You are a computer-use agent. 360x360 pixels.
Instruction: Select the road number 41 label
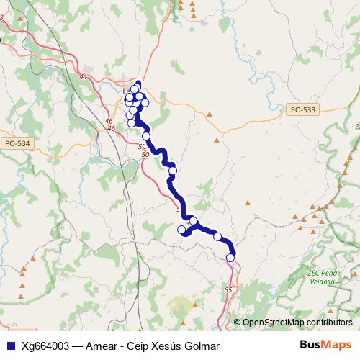(x=84, y=76)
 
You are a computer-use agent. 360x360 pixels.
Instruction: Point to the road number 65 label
(x=228, y=289)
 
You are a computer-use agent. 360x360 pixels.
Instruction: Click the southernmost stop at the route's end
(x=230, y=257)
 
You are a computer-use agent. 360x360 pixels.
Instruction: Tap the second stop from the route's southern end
(x=217, y=236)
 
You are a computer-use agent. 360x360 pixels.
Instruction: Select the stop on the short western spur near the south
(x=181, y=230)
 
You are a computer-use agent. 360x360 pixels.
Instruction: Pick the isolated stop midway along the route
(x=172, y=171)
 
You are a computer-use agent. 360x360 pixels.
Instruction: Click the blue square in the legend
(x=12, y=346)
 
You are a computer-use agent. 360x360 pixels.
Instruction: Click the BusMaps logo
(x=325, y=345)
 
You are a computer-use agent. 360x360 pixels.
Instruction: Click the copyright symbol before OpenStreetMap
(x=238, y=323)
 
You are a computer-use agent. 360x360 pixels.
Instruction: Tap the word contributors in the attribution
(x=329, y=323)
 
